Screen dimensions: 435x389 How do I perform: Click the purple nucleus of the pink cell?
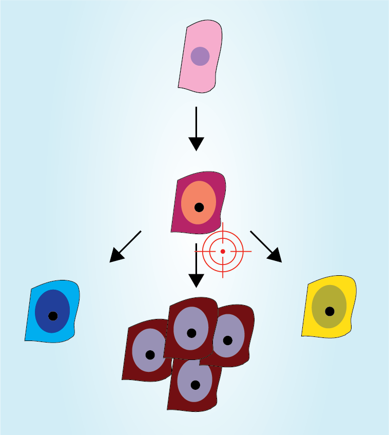200,56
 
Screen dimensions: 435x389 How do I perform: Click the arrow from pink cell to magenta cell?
196,128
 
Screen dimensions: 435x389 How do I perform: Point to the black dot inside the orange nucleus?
199,207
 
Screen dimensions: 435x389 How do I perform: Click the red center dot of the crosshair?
223,251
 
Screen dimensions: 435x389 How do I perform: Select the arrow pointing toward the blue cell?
125,247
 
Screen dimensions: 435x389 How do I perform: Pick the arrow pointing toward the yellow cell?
266,247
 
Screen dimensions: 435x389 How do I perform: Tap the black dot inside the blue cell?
53,316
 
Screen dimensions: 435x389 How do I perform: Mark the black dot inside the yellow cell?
329,311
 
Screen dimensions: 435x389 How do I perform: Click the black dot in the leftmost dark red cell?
150,355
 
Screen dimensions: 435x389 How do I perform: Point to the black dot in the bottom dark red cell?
195,385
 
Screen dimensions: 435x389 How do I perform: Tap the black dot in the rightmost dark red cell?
228,340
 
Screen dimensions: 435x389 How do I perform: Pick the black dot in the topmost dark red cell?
191,333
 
